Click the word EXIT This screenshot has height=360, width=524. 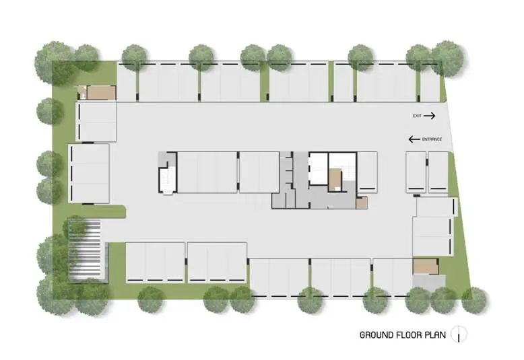coord(417,116)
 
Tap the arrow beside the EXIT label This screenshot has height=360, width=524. coord(430,116)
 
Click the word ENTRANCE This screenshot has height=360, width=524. coord(432,139)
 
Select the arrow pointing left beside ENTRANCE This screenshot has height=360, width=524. coord(414,139)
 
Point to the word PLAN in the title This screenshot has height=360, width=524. coord(435,335)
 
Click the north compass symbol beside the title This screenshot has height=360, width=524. coord(459,334)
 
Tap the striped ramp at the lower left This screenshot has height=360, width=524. coord(85,250)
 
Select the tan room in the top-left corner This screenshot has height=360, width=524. coord(101,93)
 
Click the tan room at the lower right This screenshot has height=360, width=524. coord(425,266)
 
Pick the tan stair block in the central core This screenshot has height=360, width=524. coord(335,180)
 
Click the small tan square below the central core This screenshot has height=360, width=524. coord(362,203)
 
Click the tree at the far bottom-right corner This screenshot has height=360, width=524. coord(474,301)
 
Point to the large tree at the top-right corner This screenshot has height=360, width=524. coord(447,58)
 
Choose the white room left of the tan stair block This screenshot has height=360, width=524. coord(318,168)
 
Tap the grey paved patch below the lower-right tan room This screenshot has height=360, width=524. coord(429,283)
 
